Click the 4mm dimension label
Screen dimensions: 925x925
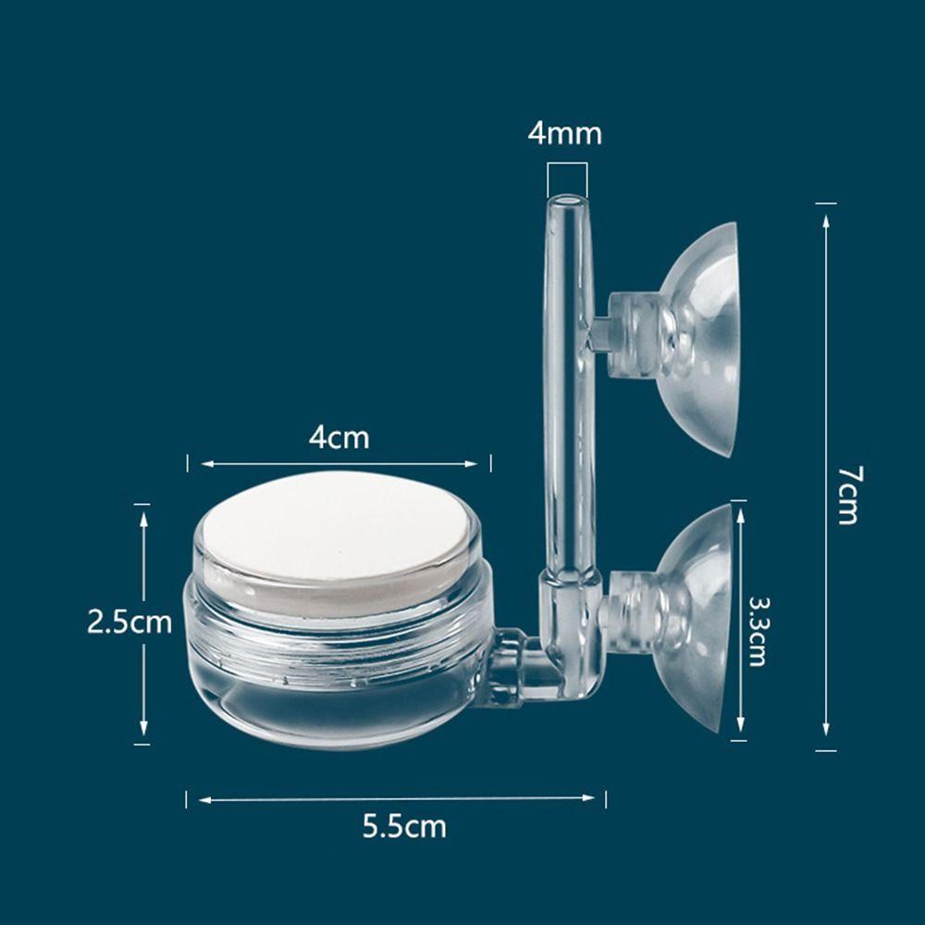click(x=564, y=133)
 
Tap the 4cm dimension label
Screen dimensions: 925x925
click(x=339, y=438)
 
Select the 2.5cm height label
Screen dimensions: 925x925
click(x=129, y=622)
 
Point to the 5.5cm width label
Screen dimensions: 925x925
click(x=404, y=826)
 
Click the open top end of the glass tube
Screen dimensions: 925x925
click(x=567, y=201)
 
